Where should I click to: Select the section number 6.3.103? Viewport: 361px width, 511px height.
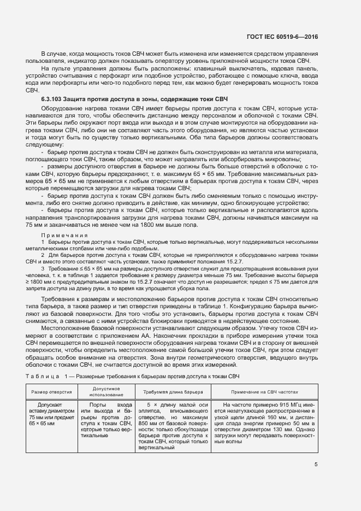point(53,98)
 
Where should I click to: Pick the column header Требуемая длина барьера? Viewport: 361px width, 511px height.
point(173,392)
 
